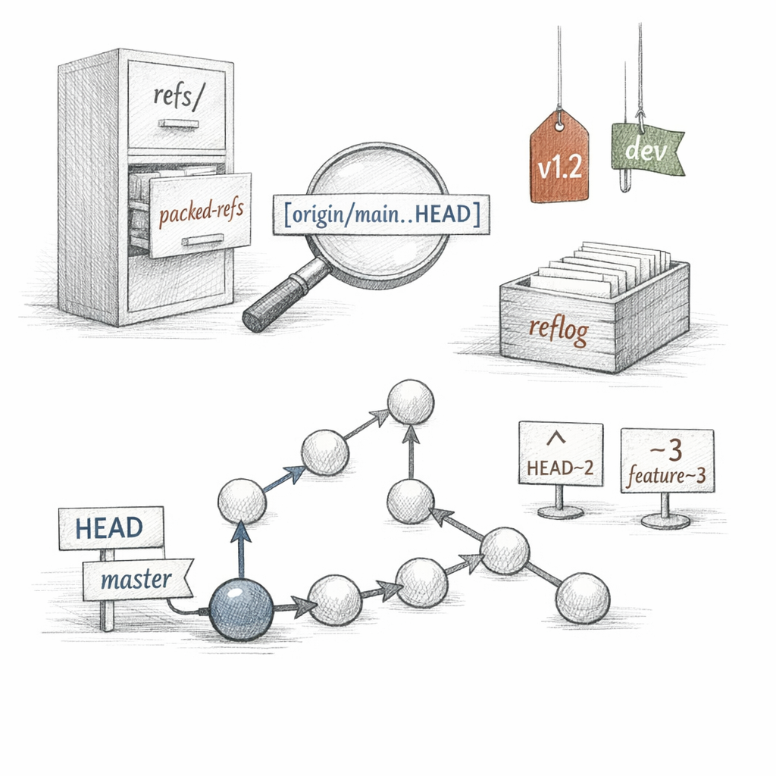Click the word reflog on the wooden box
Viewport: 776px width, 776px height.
tap(559, 329)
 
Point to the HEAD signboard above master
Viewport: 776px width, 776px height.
tap(111, 527)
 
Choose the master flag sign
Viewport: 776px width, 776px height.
tap(138, 580)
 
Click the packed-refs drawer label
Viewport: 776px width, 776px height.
tap(201, 212)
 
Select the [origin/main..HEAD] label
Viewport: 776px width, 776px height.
tap(381, 214)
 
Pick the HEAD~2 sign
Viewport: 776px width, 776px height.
tap(561, 453)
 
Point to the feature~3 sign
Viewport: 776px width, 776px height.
tap(667, 461)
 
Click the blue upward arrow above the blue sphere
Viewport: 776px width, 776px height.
tap(241, 549)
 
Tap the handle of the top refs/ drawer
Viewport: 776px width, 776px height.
tap(179, 124)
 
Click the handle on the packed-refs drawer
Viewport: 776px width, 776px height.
tap(202, 240)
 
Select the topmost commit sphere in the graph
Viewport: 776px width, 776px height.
tap(410, 402)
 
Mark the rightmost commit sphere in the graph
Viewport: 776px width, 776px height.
tap(583, 599)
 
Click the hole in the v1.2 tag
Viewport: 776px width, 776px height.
tap(559, 127)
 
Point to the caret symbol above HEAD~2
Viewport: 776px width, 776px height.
tap(557, 437)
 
